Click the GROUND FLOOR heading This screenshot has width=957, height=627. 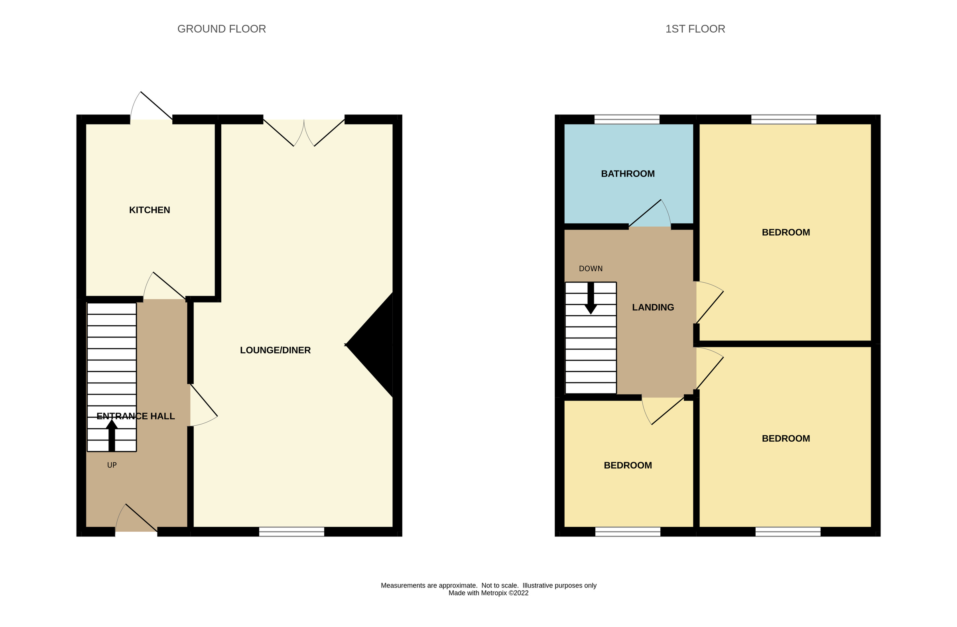click(222, 29)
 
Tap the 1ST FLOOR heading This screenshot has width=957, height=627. click(695, 29)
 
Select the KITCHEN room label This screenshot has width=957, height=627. click(150, 210)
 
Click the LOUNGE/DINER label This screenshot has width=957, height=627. click(276, 350)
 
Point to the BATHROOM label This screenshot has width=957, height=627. click(628, 174)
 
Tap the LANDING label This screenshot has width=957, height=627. click(653, 307)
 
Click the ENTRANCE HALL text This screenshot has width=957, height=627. click(136, 416)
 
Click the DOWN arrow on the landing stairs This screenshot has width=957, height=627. click(591, 299)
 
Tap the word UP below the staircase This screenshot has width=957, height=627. click(112, 465)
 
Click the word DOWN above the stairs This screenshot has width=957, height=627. click(591, 269)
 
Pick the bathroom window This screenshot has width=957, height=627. click(627, 119)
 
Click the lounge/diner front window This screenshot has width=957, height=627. click(291, 532)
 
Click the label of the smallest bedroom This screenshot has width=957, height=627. click(628, 465)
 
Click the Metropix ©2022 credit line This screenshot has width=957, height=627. click(488, 593)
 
